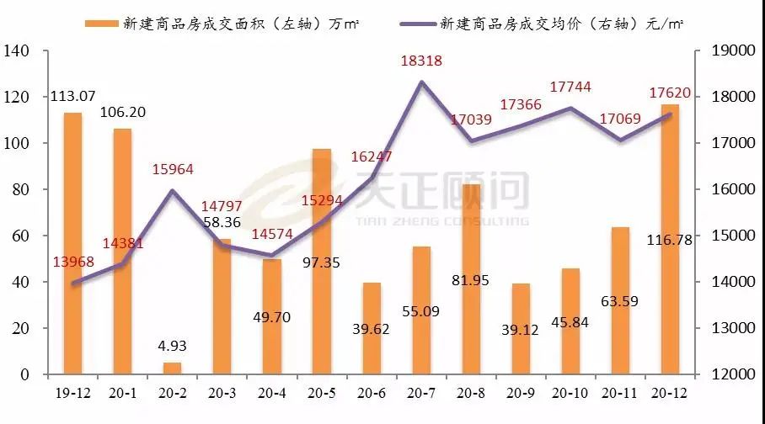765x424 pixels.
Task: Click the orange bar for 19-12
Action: [72, 244]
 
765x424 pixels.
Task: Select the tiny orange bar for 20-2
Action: [172, 368]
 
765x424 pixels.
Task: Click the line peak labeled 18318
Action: [421, 82]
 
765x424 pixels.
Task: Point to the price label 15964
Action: [173, 169]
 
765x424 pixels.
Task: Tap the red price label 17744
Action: [570, 87]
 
